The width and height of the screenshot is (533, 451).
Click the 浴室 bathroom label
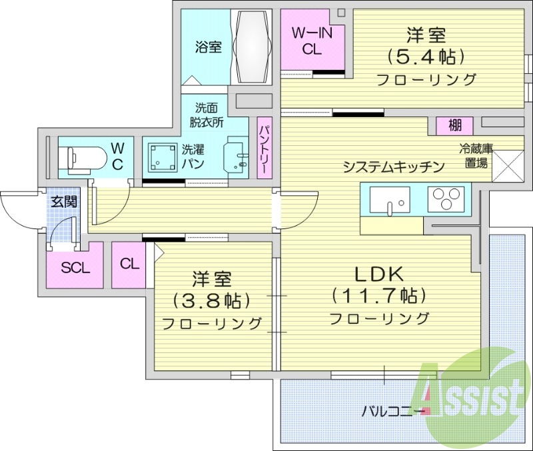[x=208, y=47]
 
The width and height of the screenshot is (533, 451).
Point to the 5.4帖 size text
[x=426, y=56]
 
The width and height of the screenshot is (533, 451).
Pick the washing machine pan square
[x=162, y=159]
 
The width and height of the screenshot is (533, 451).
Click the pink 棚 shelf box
[x=455, y=125]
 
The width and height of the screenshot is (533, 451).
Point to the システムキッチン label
[x=393, y=167]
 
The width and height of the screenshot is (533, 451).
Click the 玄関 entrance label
[x=65, y=202]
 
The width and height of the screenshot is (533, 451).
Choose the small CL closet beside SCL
[x=130, y=264]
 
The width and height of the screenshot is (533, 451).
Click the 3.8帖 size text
[x=212, y=300]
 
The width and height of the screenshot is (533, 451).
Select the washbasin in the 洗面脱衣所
[x=237, y=155]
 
